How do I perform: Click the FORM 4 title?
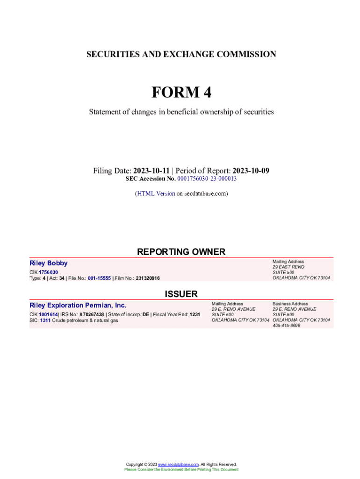point(181,93)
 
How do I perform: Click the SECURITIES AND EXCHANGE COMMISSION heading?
point(181,54)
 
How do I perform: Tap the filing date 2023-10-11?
point(151,171)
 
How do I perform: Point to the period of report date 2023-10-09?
point(251,171)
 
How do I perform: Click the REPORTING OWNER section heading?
point(181,252)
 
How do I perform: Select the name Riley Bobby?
point(49,263)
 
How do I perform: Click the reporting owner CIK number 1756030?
point(48,272)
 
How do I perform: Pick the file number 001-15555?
point(99,278)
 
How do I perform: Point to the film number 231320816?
point(148,278)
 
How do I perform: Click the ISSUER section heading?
point(181,294)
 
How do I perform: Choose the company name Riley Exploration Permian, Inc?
point(78,305)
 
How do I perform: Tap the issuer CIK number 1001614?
point(48,315)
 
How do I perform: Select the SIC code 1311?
point(45,320)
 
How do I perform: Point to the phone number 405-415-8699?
point(286,326)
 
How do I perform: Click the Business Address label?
point(290,304)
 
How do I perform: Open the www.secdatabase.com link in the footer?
point(179,464)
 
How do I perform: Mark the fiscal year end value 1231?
point(195,315)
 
